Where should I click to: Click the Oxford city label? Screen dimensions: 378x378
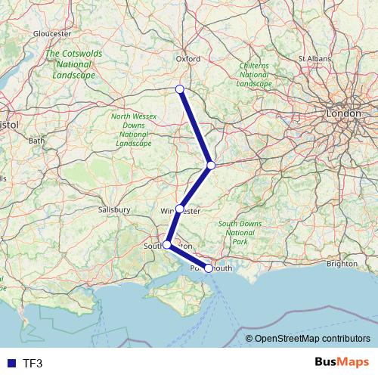pos(187,57)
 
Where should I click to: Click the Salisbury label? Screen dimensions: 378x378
pos(115,209)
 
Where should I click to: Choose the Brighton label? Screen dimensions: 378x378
pos(342,264)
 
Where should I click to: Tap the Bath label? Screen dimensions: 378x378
pos(36,141)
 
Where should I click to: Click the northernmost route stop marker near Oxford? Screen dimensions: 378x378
pos(180,89)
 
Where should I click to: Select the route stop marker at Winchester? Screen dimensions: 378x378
pos(180,208)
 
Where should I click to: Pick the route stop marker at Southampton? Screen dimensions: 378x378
pos(167,245)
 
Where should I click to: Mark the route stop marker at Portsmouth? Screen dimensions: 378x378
pos(209,268)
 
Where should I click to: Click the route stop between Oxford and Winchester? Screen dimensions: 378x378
pos(212,165)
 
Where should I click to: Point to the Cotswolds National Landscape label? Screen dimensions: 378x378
pos(70,65)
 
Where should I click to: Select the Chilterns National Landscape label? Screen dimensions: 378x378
pos(254,75)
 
